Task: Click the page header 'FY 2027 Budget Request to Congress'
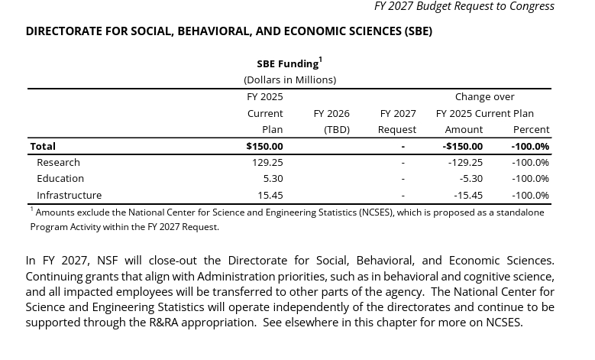[464, 7]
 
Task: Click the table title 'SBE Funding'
[288, 63]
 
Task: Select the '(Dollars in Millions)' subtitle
[289, 79]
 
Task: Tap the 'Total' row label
[43, 146]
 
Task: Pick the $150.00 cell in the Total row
[264, 146]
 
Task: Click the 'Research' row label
[58, 162]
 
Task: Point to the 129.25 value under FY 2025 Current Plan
[267, 162]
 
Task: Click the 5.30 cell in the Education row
[273, 178]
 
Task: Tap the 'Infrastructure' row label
[69, 195]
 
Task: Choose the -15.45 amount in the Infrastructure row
[467, 195]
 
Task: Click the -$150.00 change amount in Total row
[463, 146]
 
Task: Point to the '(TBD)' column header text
[336, 129]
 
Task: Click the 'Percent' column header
[531, 129]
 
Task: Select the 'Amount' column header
[464, 129]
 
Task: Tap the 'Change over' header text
[484, 96]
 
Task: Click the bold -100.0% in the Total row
[530, 146]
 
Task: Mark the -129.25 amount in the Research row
[465, 162]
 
